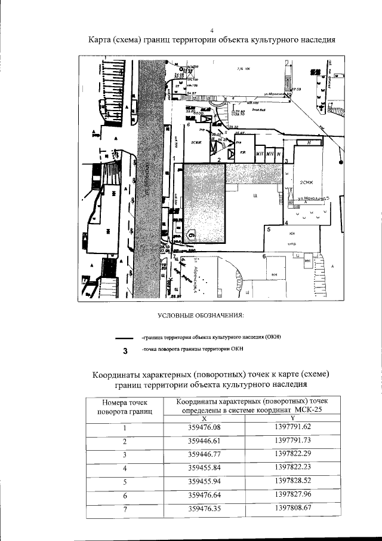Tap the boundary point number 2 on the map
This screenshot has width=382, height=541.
coord(219,160)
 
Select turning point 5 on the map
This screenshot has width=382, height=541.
coord(269,230)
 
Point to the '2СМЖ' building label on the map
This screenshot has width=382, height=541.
coord(306,183)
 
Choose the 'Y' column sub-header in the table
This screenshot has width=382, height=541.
coord(292,418)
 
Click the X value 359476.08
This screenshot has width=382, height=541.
coord(204,427)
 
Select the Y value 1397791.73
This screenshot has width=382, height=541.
coord(293,441)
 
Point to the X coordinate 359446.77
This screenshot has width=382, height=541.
coord(204,454)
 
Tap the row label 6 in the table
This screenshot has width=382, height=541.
coord(125,496)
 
